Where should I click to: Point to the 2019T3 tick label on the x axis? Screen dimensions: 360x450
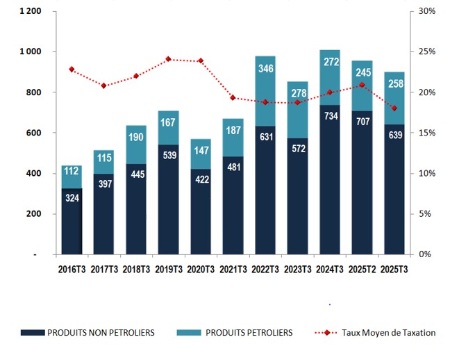coord(168,268)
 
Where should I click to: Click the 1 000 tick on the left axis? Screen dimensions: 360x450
coord(30,52)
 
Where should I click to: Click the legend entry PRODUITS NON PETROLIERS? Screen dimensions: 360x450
coord(100,333)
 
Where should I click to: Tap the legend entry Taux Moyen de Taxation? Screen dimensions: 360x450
coord(388,333)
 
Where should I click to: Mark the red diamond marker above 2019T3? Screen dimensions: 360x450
coord(168,59)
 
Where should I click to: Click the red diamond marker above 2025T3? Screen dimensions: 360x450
coord(394,108)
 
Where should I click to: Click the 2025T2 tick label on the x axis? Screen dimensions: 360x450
coord(362,268)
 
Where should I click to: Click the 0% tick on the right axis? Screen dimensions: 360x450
coord(424,254)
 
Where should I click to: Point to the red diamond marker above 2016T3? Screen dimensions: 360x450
coord(72,69)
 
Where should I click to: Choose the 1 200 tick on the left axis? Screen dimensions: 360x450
coord(30,12)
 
